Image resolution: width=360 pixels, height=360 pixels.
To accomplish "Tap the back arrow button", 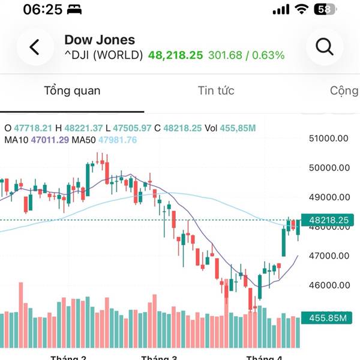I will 35,47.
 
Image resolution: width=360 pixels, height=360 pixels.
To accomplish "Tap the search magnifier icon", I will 325,47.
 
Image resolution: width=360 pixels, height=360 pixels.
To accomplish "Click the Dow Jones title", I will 100,40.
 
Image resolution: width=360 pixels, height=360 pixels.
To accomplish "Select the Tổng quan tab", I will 72,91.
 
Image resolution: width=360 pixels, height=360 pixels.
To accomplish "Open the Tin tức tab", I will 216,91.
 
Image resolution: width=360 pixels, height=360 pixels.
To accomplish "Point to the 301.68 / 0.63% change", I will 246,56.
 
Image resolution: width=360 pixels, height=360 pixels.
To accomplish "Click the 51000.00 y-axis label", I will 328,139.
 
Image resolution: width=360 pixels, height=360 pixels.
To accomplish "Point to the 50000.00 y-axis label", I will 328,168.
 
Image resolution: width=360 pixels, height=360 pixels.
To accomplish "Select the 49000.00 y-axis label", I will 328,197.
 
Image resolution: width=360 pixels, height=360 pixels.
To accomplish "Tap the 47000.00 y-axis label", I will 328,256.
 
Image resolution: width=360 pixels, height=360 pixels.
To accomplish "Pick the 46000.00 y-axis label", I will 328,286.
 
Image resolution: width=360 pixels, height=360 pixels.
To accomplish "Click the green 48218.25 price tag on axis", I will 328,221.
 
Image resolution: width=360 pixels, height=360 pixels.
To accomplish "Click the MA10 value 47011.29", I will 50,140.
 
